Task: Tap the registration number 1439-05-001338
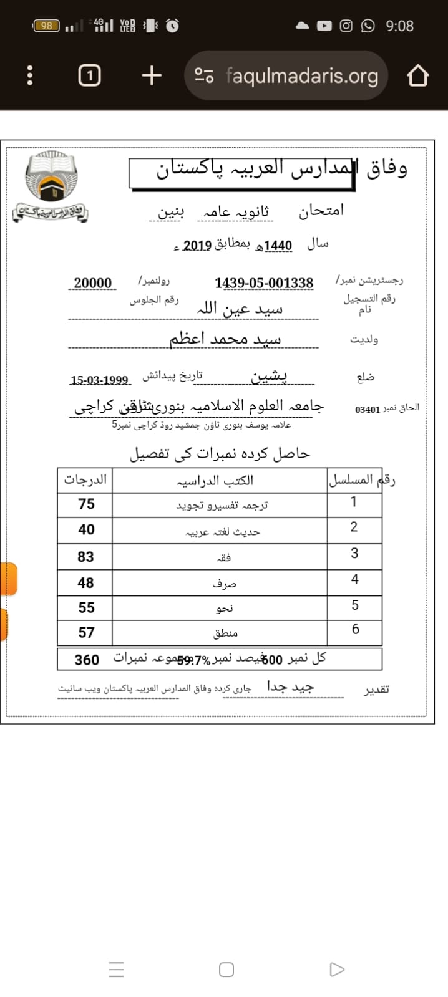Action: [263, 283]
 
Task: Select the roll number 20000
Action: [92, 283]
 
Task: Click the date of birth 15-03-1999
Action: [99, 380]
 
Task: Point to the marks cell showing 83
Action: [85, 557]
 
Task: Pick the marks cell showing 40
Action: [86, 529]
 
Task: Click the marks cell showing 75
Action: [86, 504]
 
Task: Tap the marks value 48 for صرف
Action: [85, 583]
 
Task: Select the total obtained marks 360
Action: [87, 660]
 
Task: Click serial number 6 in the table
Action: [355, 629]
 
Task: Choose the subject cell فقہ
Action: [223, 557]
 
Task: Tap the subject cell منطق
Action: [225, 633]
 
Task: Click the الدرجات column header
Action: [85, 479]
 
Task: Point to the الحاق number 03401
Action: [368, 410]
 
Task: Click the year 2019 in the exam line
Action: [197, 245]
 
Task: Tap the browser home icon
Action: [418, 76]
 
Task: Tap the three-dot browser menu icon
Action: [29, 76]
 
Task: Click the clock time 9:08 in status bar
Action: [399, 26]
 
